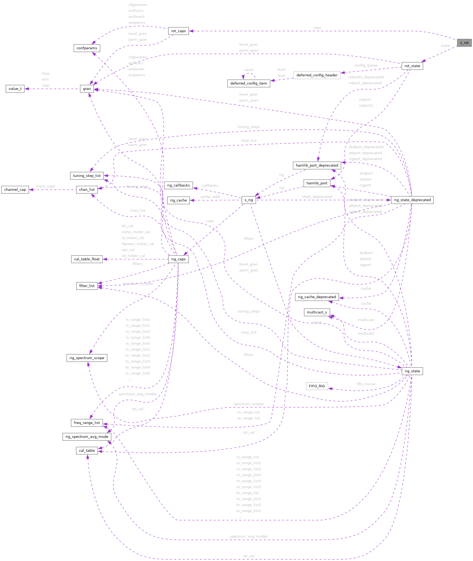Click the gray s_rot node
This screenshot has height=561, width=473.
[x=464, y=43]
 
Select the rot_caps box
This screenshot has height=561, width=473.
[x=178, y=31]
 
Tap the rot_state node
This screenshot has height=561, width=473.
[x=412, y=66]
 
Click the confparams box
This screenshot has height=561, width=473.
[x=87, y=48]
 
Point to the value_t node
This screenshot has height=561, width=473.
[x=15, y=89]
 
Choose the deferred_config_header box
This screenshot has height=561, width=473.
[x=317, y=75]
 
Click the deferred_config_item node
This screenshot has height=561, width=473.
[x=249, y=83]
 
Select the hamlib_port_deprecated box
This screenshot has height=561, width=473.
[x=317, y=165]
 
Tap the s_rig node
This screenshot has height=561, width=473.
[x=249, y=200]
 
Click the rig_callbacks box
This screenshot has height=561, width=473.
[x=178, y=185]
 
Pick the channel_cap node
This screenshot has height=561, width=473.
[x=15, y=190]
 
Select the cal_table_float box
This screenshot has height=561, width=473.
[x=87, y=259]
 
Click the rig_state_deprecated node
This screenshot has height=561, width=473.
[x=412, y=200]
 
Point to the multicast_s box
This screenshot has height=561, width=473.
[x=317, y=312]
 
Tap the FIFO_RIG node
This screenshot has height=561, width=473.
[x=317, y=386]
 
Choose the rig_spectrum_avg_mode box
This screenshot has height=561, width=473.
[x=87, y=436]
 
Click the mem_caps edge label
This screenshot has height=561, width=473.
[x=46, y=186]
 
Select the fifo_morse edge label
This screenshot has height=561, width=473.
[x=366, y=384]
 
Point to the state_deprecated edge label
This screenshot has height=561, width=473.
[x=317, y=197]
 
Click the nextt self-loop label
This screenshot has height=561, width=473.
[x=249, y=70]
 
